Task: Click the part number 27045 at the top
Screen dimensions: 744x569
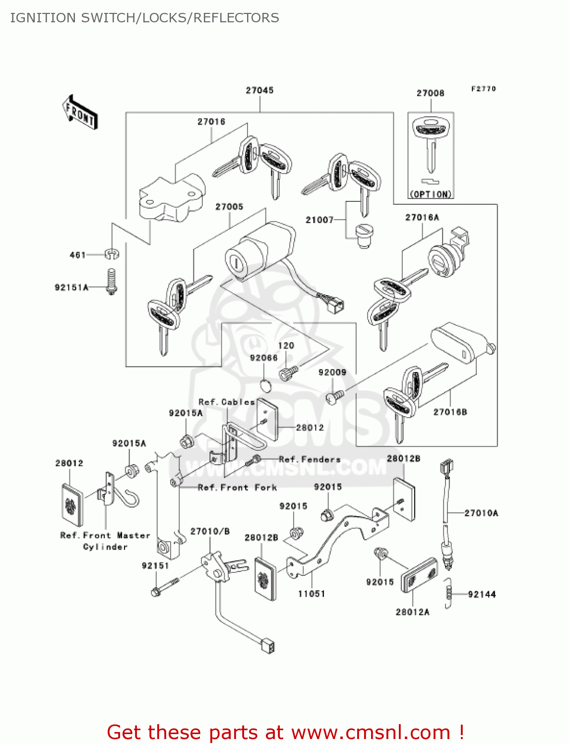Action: (259, 90)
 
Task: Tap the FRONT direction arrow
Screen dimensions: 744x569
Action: (80, 113)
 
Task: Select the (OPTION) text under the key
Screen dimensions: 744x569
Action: (431, 194)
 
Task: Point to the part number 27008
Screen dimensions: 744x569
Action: (430, 93)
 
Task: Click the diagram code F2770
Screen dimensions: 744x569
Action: (483, 89)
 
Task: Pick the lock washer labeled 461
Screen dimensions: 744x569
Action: (113, 254)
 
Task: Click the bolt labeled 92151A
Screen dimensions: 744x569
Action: (112, 283)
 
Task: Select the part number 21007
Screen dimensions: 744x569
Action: (319, 220)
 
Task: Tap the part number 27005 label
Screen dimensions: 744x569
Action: (229, 206)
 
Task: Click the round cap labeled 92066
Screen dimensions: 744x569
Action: (266, 385)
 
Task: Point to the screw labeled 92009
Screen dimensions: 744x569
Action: (334, 396)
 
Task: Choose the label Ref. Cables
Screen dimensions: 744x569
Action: (226, 402)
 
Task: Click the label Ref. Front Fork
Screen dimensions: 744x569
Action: (237, 488)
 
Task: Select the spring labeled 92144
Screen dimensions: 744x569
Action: (449, 593)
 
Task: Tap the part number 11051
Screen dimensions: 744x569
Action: (312, 594)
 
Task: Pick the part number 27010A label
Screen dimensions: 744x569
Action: (481, 513)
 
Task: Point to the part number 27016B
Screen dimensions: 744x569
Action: (450, 412)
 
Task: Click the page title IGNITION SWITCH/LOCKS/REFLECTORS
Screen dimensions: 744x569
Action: (144, 18)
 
